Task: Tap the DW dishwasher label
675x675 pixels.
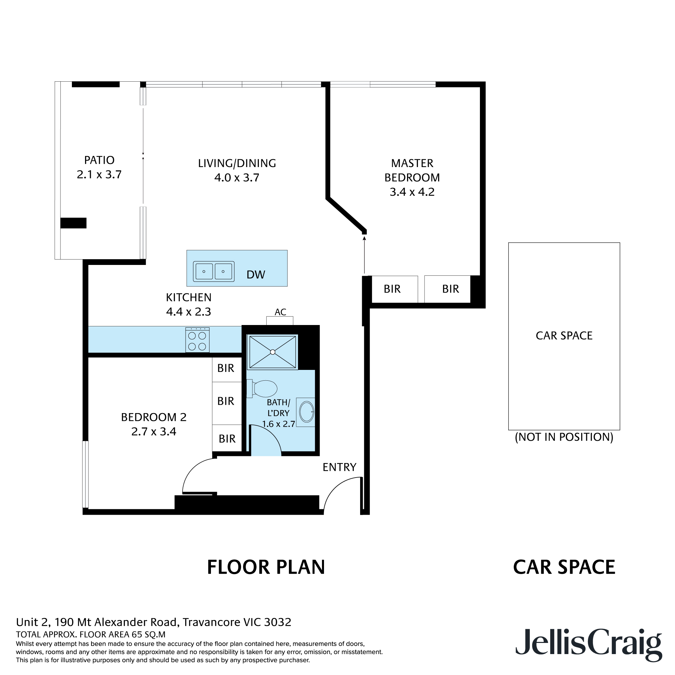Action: pos(256,275)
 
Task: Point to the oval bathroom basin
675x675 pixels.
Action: pos(306,412)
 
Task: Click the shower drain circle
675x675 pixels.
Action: pos(272,352)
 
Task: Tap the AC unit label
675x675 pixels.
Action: pos(280,312)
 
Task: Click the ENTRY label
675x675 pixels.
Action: pos(339,467)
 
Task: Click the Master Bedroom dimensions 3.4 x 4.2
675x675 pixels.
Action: pos(412,192)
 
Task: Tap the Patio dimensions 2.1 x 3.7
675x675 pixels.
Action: pos(99,174)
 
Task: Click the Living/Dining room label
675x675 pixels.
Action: pos(237,163)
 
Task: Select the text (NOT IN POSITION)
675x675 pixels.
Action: pos(564,437)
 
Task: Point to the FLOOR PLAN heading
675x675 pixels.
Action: pos(266,567)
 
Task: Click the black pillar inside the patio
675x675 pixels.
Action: pos(73,223)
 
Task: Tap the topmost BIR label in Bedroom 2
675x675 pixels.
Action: pos(226,368)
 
